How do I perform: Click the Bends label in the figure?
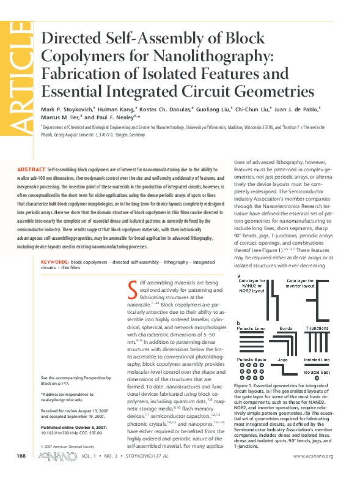(x=285, y=327)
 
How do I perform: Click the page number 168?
(x=21, y=457)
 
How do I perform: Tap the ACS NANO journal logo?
(x=53, y=457)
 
